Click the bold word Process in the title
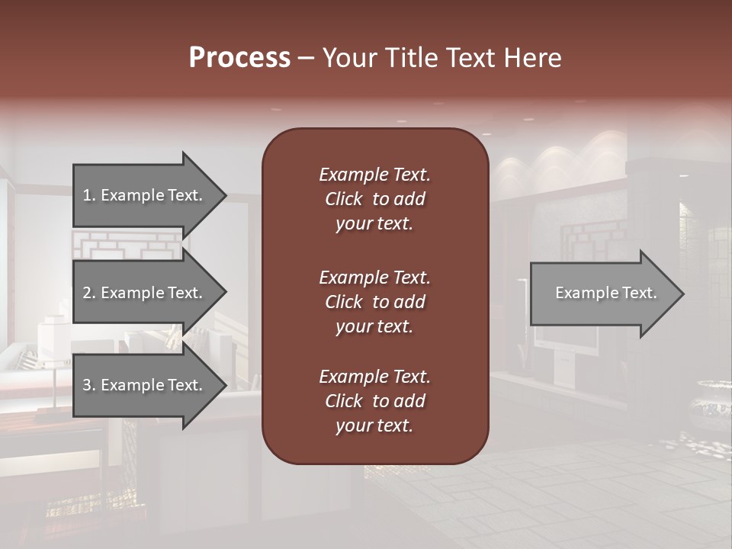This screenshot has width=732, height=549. pos(239,58)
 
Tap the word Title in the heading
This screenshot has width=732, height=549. pos(409,58)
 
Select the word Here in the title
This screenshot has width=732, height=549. pos(532,58)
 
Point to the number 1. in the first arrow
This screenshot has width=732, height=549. pos(89,195)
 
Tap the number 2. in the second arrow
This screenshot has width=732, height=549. pos(89,293)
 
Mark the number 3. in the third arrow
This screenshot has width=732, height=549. pos(89,385)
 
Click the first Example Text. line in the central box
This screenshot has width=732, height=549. pos(374,175)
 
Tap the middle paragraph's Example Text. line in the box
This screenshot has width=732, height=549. pos(374,278)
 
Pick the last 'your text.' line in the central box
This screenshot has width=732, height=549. pos(374,426)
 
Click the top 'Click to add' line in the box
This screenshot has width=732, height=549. pos(374,199)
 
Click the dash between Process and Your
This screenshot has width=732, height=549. pos(306,58)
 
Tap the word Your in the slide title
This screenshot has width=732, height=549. pos(350,58)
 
